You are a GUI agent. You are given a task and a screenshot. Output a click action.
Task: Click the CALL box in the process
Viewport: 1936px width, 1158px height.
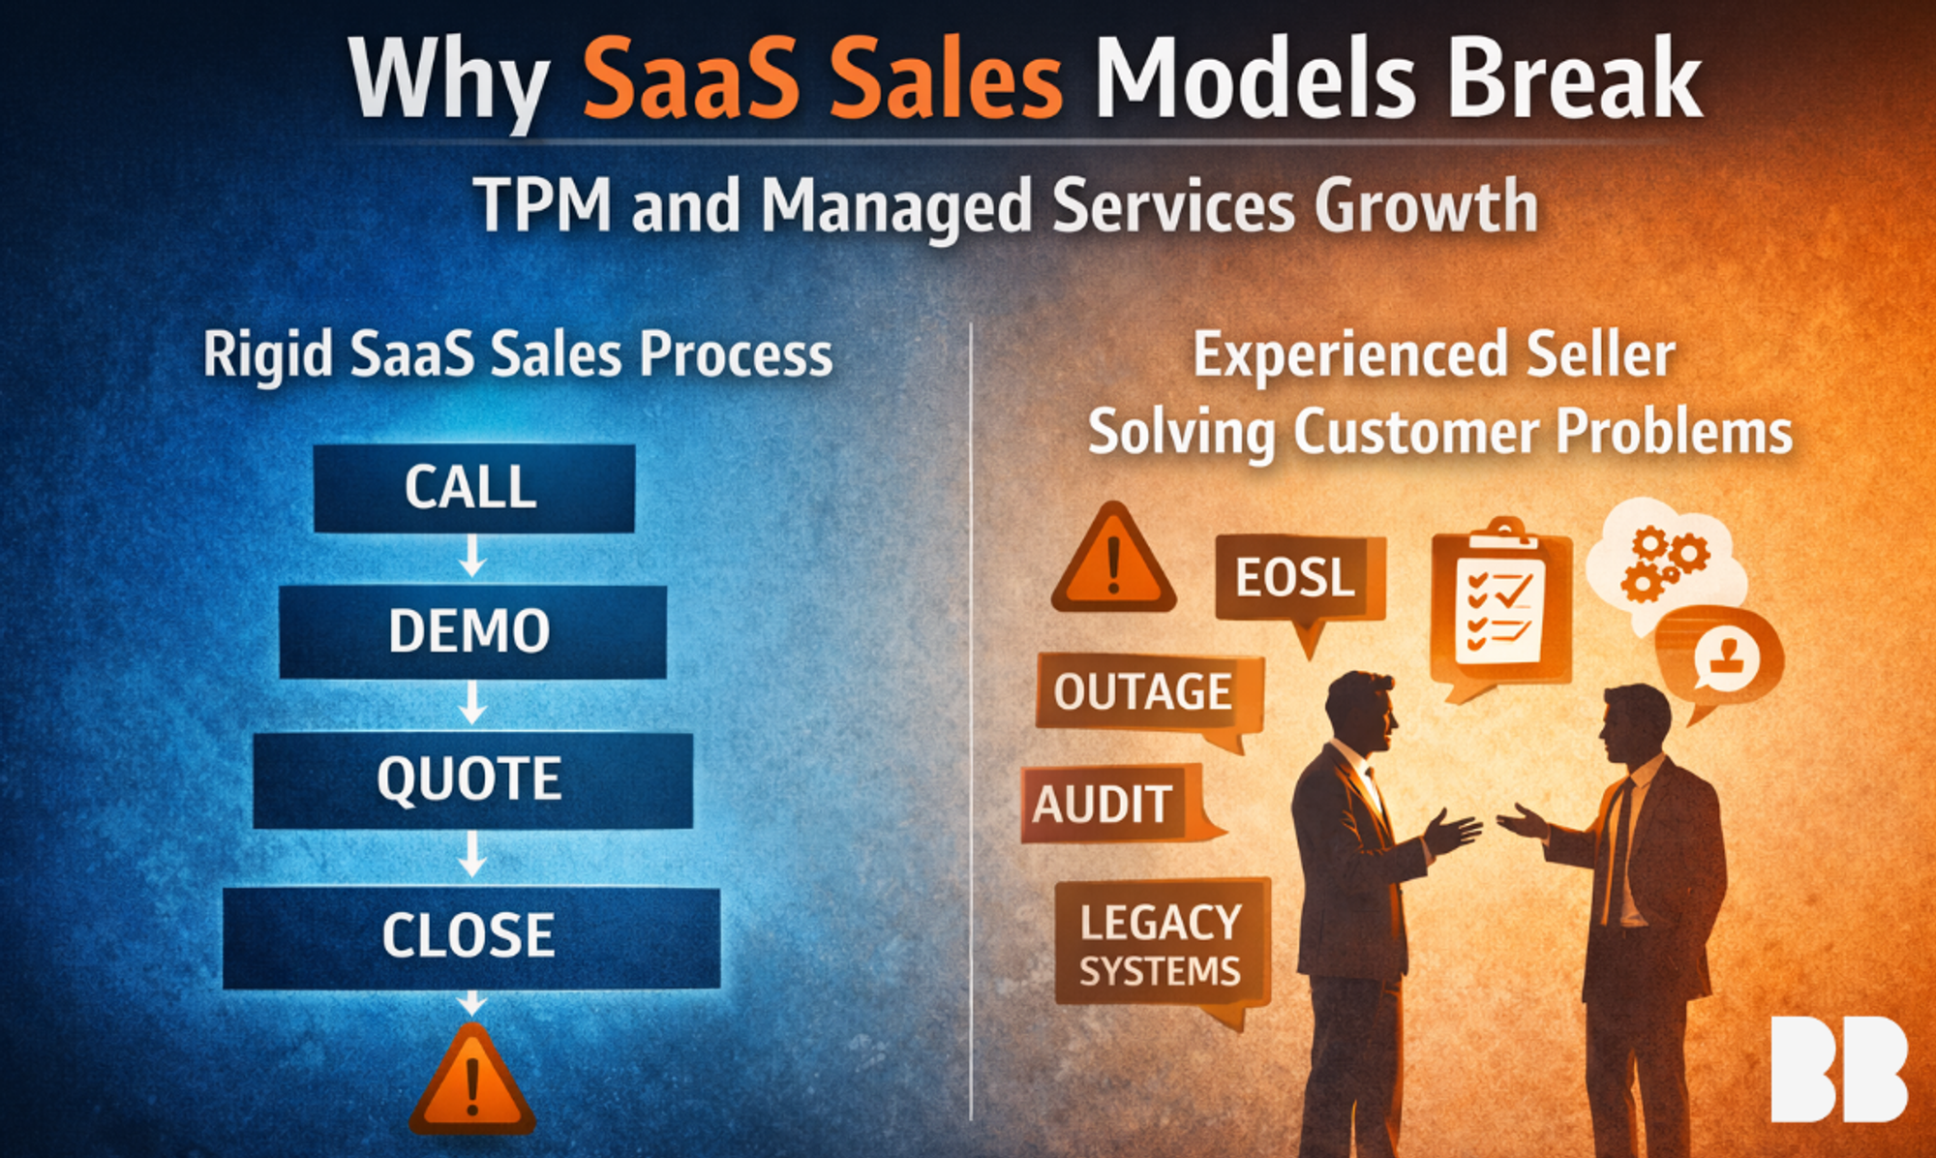474,488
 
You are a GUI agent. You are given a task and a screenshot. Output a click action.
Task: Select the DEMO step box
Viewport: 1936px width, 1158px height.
472,631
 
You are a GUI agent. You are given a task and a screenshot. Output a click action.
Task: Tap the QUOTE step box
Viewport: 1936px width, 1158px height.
472,780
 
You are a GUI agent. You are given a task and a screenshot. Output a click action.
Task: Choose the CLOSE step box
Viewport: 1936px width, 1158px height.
471,937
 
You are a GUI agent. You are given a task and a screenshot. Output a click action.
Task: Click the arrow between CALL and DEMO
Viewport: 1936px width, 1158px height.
472,557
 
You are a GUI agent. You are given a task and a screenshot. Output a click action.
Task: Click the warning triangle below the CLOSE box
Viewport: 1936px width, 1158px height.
472,1081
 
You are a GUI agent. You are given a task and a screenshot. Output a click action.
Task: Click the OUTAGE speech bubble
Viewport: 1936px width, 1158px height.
1148,699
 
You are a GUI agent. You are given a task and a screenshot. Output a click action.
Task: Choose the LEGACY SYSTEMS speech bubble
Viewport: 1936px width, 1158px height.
1162,949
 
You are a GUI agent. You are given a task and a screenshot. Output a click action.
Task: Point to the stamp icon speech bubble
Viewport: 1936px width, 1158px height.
1719,658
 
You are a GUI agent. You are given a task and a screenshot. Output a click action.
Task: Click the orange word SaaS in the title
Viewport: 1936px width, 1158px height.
691,79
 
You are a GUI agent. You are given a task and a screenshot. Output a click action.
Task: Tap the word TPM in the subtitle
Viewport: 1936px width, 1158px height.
542,205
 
